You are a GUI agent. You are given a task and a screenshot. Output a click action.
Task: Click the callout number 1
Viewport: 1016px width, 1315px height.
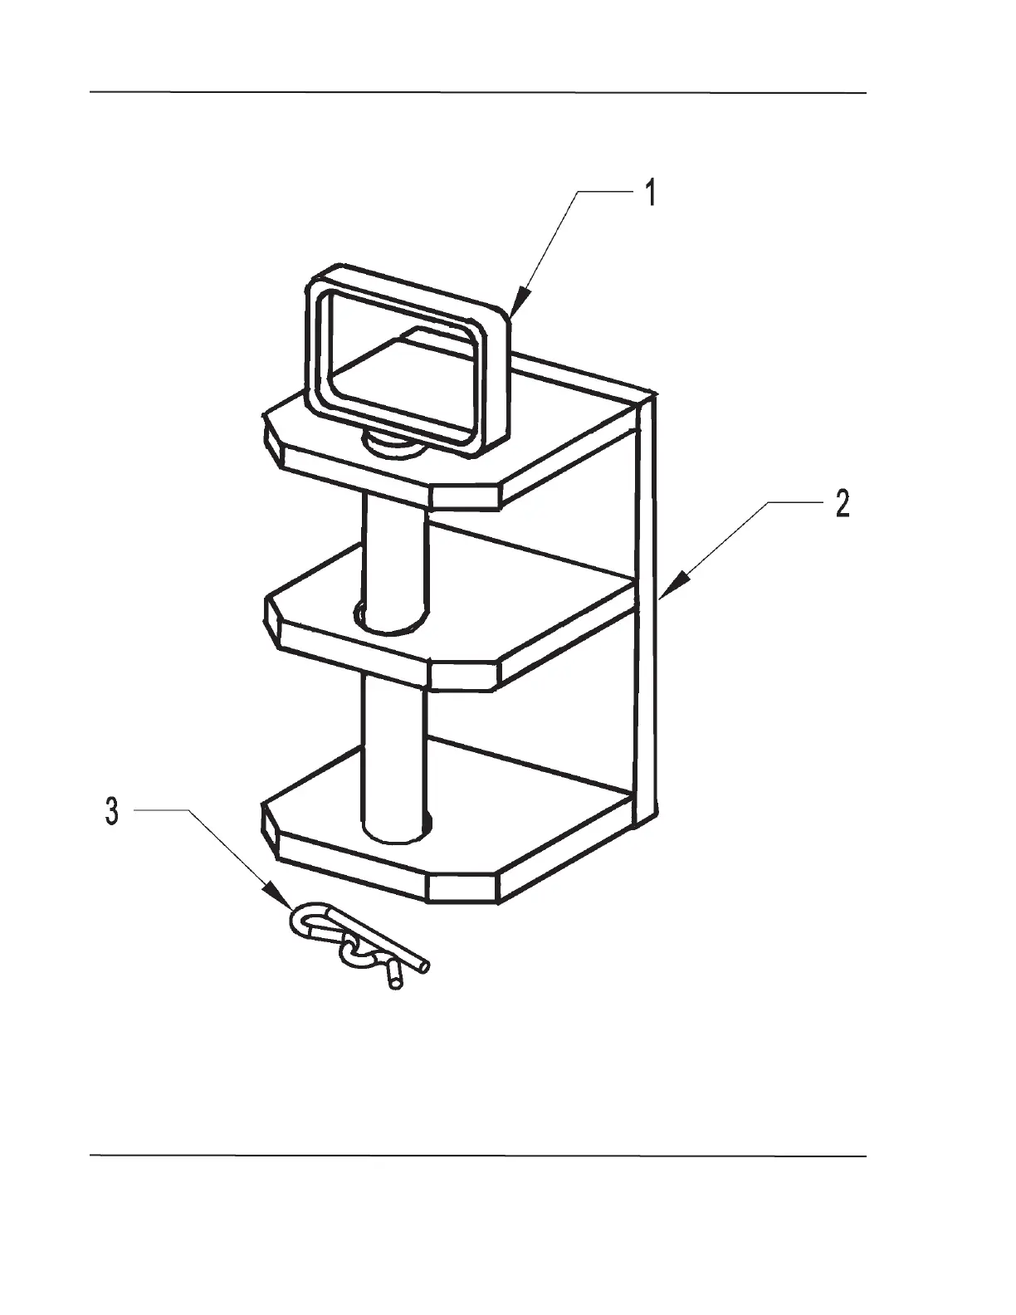(x=652, y=193)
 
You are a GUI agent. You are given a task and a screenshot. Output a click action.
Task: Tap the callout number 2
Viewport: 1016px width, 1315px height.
(x=842, y=504)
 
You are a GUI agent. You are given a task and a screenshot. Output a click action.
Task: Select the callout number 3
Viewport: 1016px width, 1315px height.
(x=112, y=811)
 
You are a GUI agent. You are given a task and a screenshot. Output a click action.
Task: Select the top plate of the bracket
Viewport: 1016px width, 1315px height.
(x=548, y=436)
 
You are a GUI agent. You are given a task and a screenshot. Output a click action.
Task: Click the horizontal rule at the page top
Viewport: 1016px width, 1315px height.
(x=478, y=93)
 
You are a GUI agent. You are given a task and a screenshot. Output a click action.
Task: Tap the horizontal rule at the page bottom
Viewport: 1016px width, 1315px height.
(x=478, y=1155)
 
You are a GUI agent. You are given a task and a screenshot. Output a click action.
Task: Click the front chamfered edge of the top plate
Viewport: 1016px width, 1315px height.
(x=465, y=496)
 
